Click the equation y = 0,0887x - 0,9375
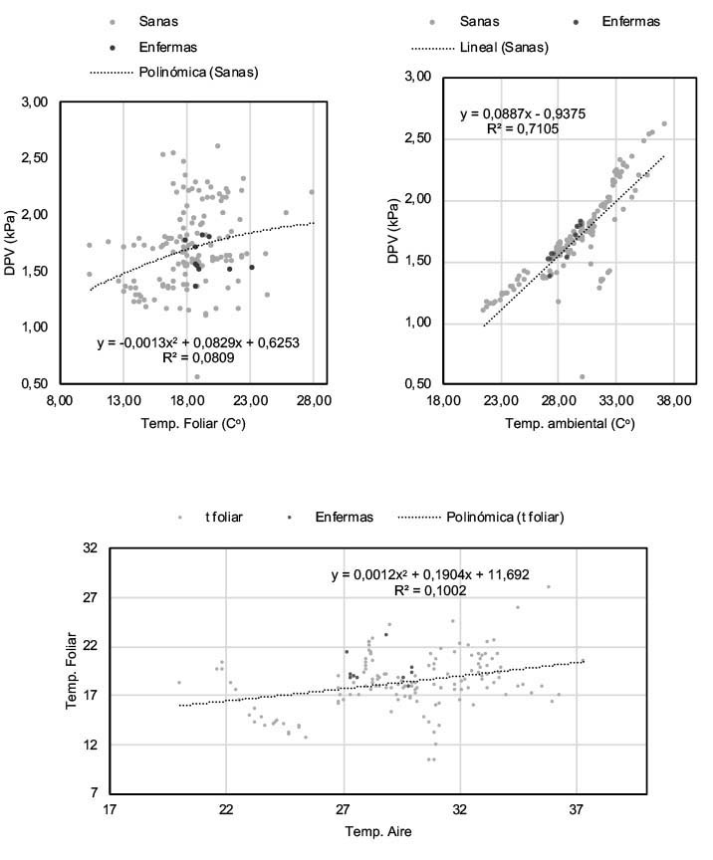(522, 113)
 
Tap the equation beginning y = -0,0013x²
(197, 342)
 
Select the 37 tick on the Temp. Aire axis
(578, 808)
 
